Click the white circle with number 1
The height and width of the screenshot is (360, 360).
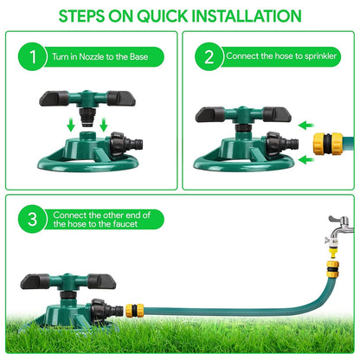tap(32, 59)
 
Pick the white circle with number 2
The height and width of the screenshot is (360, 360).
tap(209, 59)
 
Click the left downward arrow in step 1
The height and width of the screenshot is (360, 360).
tap(70, 126)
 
